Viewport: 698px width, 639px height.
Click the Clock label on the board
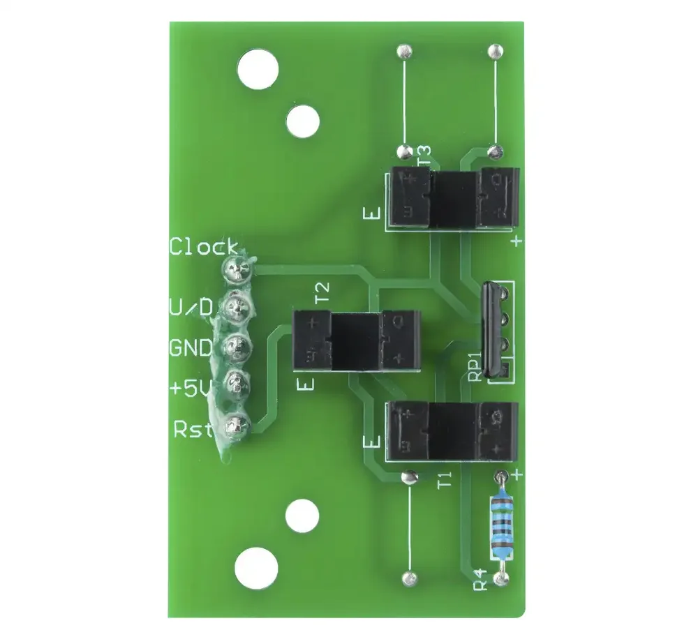tap(203, 247)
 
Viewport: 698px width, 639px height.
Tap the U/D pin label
tap(191, 307)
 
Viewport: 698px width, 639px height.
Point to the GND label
tap(191, 348)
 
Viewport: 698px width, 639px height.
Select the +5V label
tap(190, 388)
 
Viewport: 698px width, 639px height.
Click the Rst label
tap(193, 429)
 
